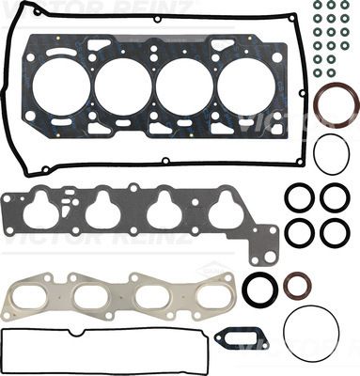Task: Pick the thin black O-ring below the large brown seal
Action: click(x=332, y=154)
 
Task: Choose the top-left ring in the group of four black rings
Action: click(x=300, y=197)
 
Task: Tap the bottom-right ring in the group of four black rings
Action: click(x=335, y=232)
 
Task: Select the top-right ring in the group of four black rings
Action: click(x=335, y=197)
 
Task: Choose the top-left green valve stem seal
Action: click(x=318, y=6)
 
